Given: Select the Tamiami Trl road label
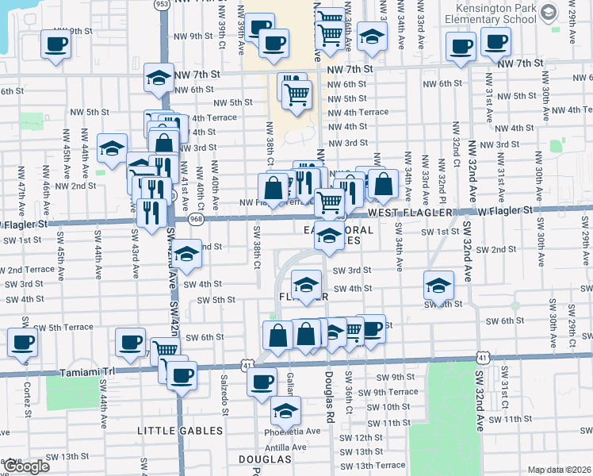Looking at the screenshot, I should (85, 370).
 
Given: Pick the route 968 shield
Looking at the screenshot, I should (196, 218).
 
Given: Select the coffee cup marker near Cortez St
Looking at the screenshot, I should (22, 343).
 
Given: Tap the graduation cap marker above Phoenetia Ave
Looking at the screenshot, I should (285, 410).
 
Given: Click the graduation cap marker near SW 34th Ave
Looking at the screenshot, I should (438, 284).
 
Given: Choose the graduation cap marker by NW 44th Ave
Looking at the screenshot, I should (113, 147).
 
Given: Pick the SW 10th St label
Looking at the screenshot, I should (383, 407).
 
